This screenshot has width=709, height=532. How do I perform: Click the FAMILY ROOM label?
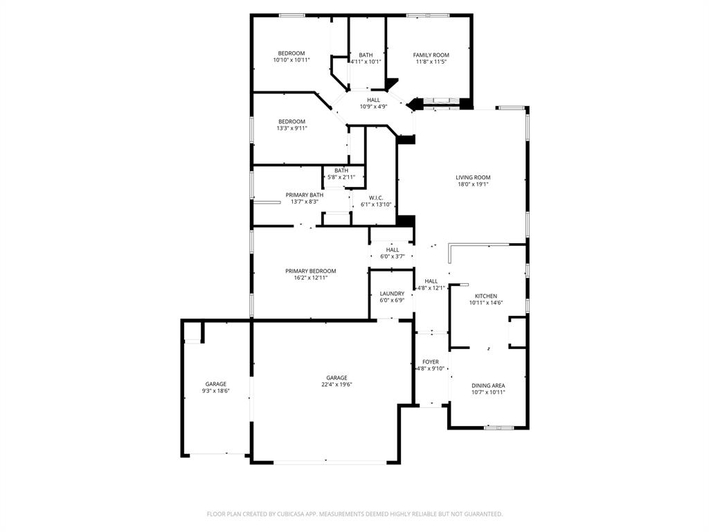point(431,55)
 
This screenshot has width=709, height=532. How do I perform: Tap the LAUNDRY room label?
point(392,294)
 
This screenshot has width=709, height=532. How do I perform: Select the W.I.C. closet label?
point(376,198)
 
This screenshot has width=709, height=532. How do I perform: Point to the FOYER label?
point(431,362)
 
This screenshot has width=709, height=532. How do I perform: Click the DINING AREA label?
point(488,386)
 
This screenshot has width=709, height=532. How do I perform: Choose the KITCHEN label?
point(485,296)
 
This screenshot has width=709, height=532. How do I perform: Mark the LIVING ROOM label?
point(473,178)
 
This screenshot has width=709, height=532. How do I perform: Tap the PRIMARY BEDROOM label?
point(310,271)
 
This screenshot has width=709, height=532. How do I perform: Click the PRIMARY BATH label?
point(304,195)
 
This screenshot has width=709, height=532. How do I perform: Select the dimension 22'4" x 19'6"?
point(336,384)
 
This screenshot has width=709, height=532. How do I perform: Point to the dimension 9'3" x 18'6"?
point(215,391)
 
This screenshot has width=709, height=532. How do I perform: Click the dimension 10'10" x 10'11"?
point(291,60)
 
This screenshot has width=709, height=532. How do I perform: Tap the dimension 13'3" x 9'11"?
point(291,128)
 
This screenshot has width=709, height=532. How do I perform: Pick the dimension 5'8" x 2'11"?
point(341,177)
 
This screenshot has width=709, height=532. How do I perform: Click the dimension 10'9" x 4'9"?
point(373,107)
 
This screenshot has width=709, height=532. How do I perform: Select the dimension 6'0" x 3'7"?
point(393,256)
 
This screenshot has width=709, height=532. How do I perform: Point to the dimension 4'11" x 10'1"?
point(366,62)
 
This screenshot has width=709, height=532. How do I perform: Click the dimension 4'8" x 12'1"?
point(431,288)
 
